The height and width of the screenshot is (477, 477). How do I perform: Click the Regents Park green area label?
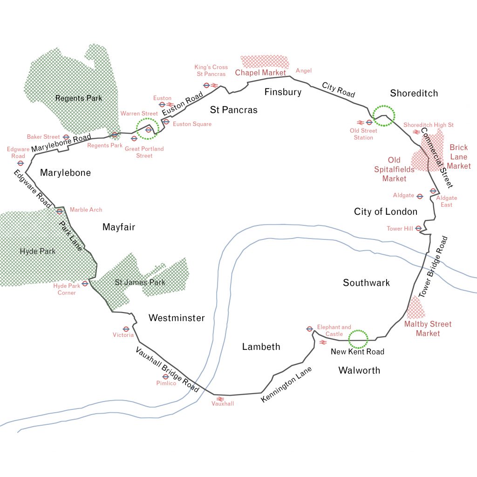pos(78,98)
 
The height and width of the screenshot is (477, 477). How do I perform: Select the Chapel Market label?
pos(260,73)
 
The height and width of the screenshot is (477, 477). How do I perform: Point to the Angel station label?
pos(304,71)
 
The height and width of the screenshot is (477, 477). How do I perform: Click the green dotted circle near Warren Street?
pos(148,128)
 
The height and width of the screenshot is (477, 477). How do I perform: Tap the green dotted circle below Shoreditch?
pos(384,115)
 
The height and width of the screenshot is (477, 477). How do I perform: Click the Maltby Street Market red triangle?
pos(416,307)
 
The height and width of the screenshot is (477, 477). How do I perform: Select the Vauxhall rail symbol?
pos(220,399)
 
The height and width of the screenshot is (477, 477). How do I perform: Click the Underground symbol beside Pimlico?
pos(165,376)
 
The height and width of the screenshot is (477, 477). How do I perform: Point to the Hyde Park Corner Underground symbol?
pos(85,283)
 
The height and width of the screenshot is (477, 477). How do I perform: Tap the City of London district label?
pos(386,212)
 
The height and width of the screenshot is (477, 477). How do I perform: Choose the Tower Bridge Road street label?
pos(432,267)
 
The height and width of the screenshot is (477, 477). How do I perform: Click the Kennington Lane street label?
pos(286,385)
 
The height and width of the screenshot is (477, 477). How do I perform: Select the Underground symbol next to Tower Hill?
pos(418,228)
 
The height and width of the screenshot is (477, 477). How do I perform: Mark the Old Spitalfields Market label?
pos(394,170)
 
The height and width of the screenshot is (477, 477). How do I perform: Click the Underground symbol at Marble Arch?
pos(60,211)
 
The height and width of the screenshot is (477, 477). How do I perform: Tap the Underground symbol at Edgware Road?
pos(20,163)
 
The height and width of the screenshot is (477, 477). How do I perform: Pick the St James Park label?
pos(140,283)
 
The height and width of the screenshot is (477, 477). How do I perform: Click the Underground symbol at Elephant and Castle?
pos(309,329)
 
